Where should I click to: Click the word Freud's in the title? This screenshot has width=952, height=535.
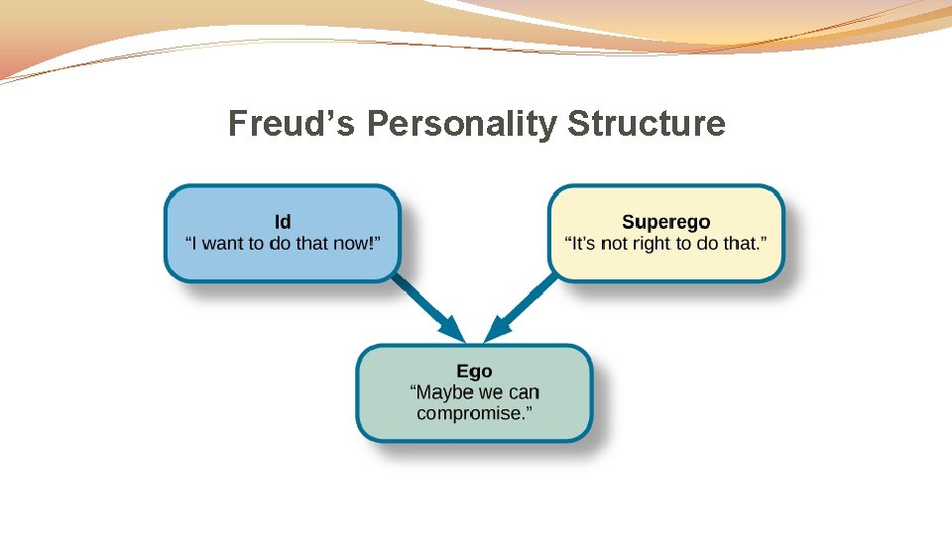tap(294, 125)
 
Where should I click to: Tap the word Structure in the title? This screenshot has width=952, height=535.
tap(647, 125)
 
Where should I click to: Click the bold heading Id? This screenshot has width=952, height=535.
tap(283, 223)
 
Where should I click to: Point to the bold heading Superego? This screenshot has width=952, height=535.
tap(665, 223)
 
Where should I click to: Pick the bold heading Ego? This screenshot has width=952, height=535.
tap(474, 372)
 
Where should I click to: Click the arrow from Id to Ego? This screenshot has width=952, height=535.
tap(428, 310)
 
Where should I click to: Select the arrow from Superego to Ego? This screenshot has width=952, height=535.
tap(520, 310)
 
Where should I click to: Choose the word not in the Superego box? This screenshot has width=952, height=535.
tap(615, 244)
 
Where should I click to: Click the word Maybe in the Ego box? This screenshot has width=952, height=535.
tap(445, 392)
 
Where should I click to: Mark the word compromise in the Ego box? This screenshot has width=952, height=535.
tap(471, 413)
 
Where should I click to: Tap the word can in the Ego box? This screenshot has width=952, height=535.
tap(524, 392)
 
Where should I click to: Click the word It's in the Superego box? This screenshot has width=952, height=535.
tap(582, 244)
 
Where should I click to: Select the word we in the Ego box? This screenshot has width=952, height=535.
tap(492, 392)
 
